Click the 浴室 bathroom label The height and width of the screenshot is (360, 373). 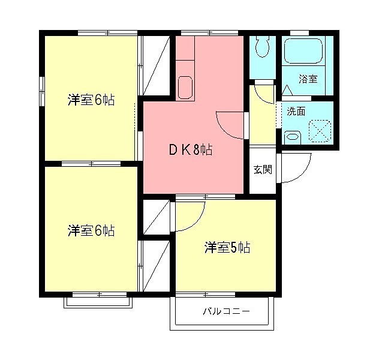click(309, 79)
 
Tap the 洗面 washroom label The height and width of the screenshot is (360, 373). click(296, 111)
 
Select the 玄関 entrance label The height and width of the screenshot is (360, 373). click(261, 170)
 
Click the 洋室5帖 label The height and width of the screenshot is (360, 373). click(227, 247)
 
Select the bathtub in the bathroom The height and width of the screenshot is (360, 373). click(303, 51)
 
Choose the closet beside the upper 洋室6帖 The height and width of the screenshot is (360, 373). click(154, 66)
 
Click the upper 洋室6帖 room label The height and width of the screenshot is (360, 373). click(91, 101)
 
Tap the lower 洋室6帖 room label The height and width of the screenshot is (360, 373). click(91, 230)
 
